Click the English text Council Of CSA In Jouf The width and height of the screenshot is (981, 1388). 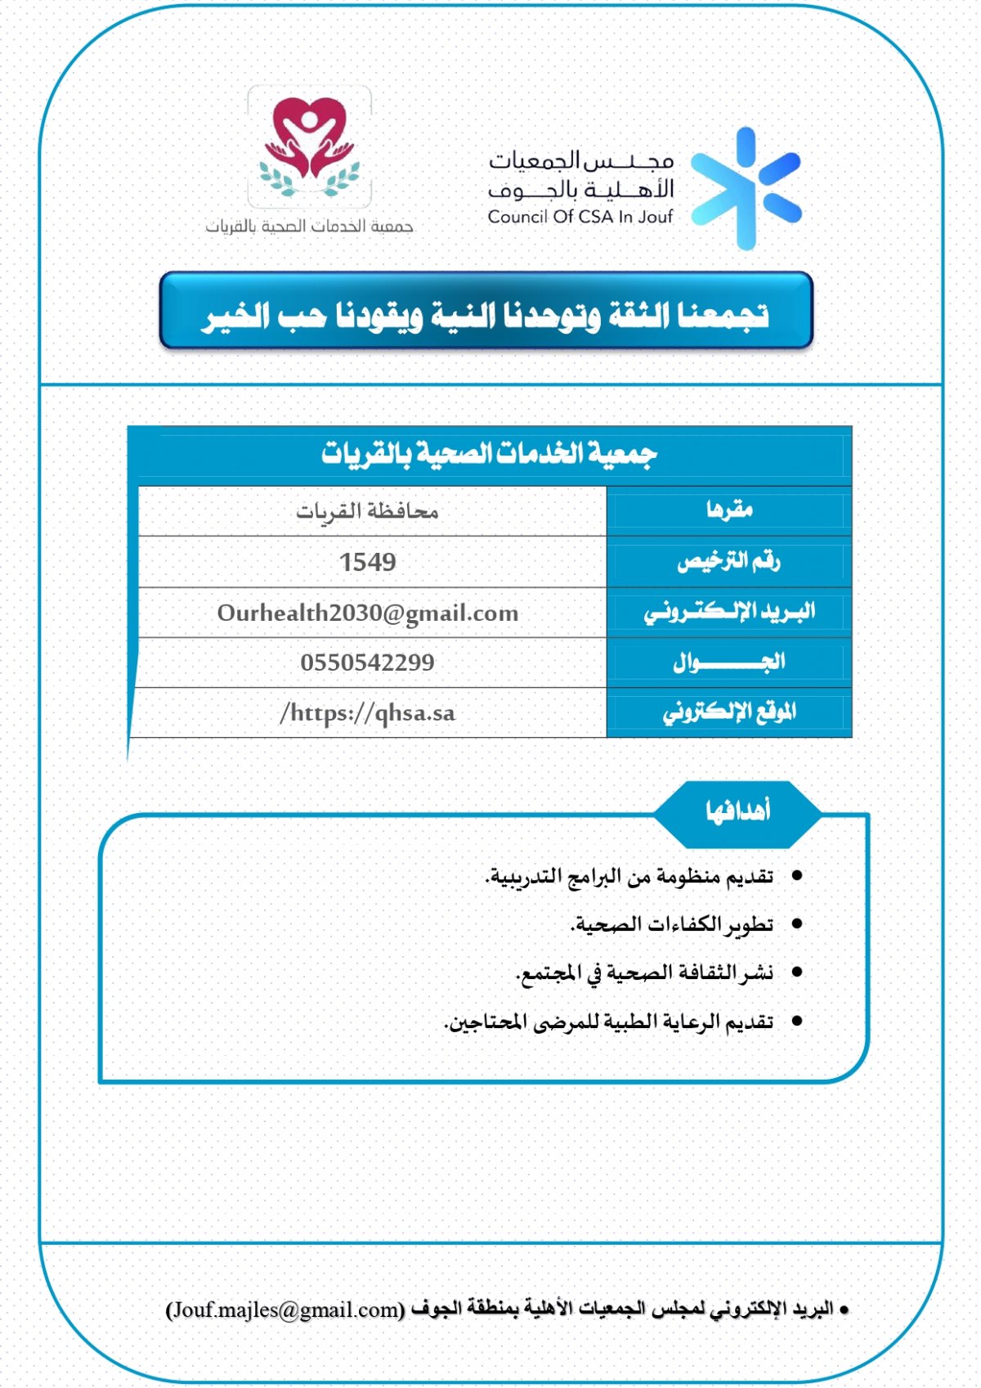[580, 217]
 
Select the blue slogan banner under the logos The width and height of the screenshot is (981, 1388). [486, 312]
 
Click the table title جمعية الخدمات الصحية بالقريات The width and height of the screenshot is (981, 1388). [489, 452]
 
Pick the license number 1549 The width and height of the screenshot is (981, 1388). [368, 562]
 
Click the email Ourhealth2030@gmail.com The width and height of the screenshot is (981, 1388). [368, 613]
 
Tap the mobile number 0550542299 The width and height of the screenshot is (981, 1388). [368, 663]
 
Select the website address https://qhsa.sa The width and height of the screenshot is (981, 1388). [368, 713]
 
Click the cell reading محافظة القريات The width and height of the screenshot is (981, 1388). [368, 512]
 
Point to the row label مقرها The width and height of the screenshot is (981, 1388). [729, 510]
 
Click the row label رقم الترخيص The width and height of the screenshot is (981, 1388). [729, 561]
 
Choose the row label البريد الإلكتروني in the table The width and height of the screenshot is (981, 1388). [729, 612]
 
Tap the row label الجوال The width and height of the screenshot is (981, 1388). [729, 662]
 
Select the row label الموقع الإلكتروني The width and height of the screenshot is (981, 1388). [729, 712]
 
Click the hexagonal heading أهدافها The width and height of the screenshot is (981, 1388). [737, 811]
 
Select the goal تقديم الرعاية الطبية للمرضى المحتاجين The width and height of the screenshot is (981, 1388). [609, 1022]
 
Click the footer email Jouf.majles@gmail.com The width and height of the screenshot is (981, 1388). [285, 1309]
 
